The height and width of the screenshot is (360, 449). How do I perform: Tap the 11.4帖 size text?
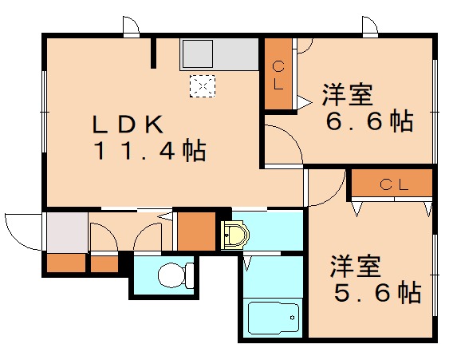[x=150, y=150]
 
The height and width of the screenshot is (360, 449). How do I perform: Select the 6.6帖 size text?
[x=368, y=122]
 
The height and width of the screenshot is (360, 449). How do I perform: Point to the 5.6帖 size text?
[x=376, y=293]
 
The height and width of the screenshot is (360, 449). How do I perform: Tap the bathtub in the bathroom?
[x=274, y=318]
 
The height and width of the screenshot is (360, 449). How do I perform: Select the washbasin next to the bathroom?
[x=234, y=235]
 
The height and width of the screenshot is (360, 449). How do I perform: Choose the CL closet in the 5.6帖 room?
[x=394, y=184]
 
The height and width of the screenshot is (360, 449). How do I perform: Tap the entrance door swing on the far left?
[x=22, y=231]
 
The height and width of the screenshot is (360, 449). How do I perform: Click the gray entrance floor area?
[x=65, y=232]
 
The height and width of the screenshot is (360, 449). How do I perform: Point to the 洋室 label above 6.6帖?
[x=348, y=95]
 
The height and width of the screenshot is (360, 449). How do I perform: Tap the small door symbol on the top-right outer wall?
[x=369, y=26]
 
